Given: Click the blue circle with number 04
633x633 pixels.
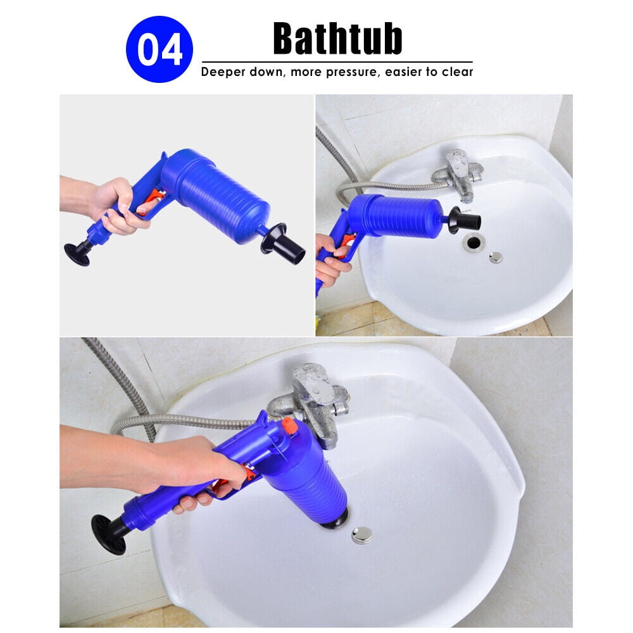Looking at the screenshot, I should pyautogui.click(x=159, y=50).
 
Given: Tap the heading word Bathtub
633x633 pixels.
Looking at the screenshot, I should pyautogui.click(x=337, y=39).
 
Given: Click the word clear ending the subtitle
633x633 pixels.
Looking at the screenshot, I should pyautogui.click(x=457, y=72).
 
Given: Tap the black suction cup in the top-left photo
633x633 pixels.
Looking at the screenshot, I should pyautogui.click(x=77, y=253).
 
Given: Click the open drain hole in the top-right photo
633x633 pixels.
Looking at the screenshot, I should pyautogui.click(x=473, y=242).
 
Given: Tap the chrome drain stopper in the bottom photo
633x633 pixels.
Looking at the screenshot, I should pyautogui.click(x=361, y=535).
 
